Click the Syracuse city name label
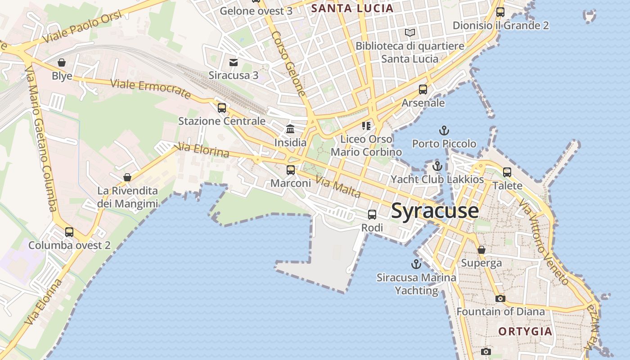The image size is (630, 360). click(x=435, y=211)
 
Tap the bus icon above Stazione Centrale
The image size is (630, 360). click(x=221, y=108)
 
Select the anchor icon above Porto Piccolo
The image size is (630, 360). click(x=444, y=131)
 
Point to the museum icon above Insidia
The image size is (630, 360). click(x=290, y=130)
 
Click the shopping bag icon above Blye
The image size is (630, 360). click(x=62, y=63)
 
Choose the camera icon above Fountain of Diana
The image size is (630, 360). click(x=500, y=298)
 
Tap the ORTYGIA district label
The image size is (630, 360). click(x=525, y=332)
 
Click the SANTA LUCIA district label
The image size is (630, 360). click(x=352, y=8)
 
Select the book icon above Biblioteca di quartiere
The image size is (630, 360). click(x=409, y=33)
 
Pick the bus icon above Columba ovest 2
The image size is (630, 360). click(x=69, y=232)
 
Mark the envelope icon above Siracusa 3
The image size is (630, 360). click(x=234, y=62)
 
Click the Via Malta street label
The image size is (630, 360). click(x=338, y=187)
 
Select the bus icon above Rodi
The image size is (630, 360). click(x=372, y=215)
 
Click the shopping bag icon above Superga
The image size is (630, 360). click(x=481, y=250)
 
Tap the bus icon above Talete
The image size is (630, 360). click(x=507, y=172)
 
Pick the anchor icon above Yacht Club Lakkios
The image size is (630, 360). click(x=437, y=166)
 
